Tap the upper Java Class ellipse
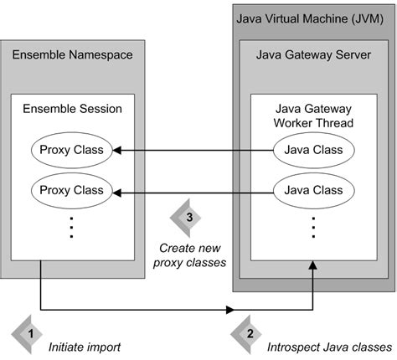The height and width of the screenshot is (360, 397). click(311, 151)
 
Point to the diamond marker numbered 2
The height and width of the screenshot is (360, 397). click(248, 333)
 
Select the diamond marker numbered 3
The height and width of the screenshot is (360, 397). click(189, 218)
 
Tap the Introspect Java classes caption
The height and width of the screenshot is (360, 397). click(328, 346)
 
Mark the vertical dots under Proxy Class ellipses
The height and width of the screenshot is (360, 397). click(73, 227)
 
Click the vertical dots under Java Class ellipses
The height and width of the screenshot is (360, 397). click(312, 227)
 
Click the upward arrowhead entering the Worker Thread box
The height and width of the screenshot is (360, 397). click(312, 265)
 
